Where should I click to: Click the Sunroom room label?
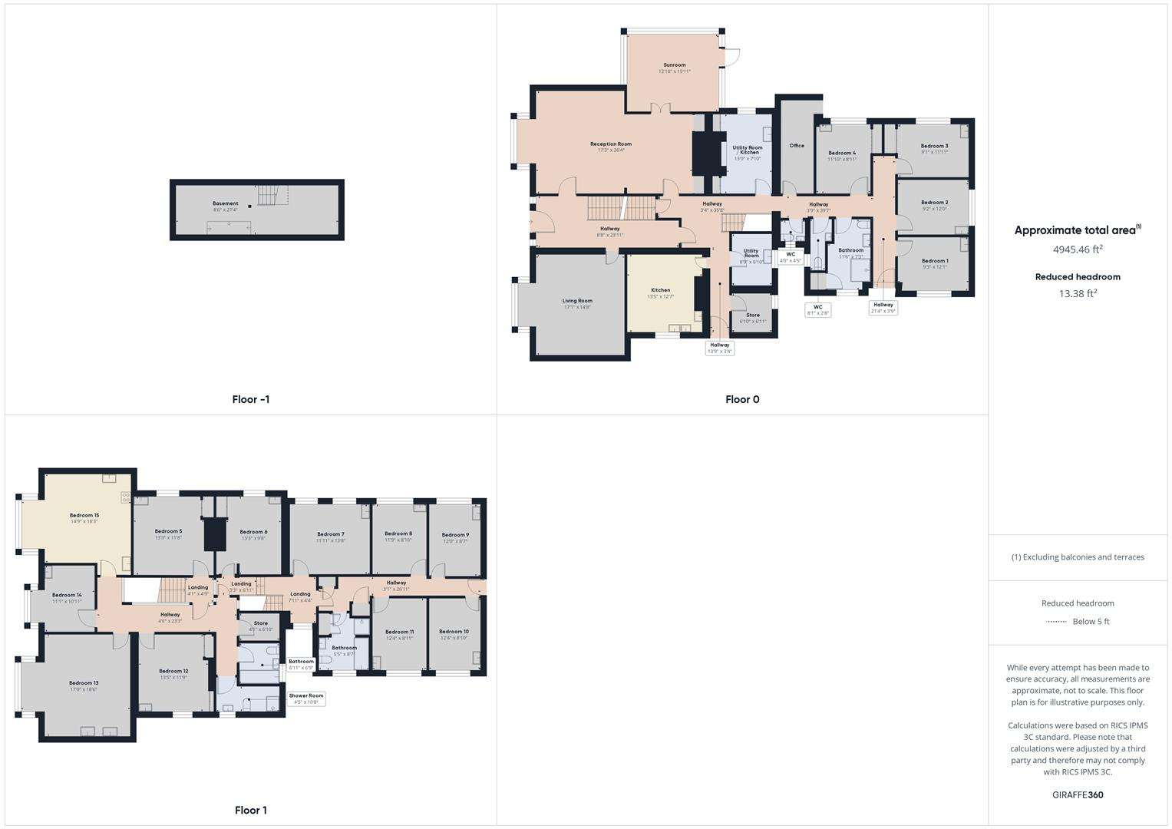pos(674,65)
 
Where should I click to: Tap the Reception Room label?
pos(610,144)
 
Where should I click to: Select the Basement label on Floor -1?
pos(225,203)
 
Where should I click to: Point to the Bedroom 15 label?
pos(84,515)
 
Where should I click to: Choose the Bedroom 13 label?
pos(84,683)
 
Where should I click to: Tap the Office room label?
pos(797,145)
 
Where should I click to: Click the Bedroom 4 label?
pos(842,153)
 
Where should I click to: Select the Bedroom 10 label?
pos(454,632)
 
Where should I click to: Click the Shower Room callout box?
pos(306,699)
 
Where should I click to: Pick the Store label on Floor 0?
pos(753,315)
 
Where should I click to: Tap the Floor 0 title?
pos(742,399)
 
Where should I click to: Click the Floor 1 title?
pos(251,810)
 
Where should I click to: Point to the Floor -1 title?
pos(251,399)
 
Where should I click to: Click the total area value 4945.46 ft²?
pos(1078,249)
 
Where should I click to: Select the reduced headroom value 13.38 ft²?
pos(1078,293)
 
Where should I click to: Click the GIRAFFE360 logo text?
pos(1078,794)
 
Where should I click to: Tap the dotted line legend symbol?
pos(1056,622)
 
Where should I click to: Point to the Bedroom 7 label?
pos(330,534)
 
